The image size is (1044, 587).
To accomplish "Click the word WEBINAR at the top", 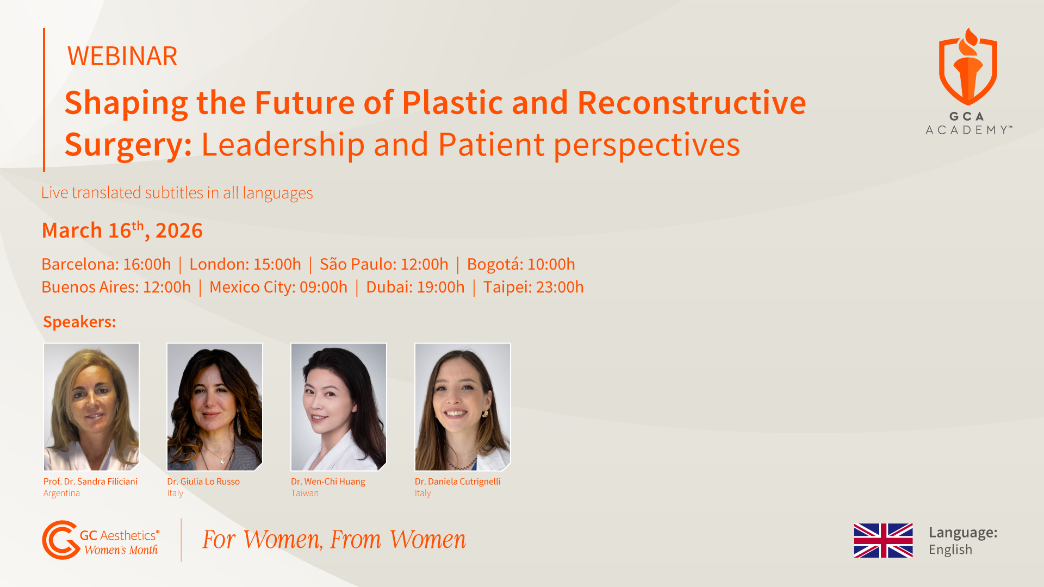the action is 122,56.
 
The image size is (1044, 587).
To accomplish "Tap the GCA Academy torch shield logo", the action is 968,67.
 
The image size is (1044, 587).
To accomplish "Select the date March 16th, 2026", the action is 122,230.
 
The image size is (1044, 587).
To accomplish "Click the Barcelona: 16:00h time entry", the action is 106,264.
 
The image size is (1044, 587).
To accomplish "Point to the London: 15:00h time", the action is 245,264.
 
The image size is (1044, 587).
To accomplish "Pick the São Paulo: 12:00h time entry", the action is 384,264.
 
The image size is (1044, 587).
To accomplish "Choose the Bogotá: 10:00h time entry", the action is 521,264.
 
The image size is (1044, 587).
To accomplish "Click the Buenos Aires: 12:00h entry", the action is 116,287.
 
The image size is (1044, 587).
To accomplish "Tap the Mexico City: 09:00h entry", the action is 278,287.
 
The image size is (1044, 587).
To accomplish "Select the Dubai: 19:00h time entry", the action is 415,287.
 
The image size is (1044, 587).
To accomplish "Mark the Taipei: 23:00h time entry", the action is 533,287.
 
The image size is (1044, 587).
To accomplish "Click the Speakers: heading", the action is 79,322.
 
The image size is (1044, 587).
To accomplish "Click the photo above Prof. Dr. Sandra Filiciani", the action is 91,407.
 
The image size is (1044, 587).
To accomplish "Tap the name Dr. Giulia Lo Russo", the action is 203,482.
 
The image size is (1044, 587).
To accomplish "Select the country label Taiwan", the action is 304,493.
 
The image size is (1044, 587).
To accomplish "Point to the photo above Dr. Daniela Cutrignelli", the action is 463,407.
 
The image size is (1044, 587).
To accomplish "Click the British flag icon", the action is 883,540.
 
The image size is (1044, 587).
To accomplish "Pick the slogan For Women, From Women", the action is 334,540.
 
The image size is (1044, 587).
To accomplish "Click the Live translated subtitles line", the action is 177,193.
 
